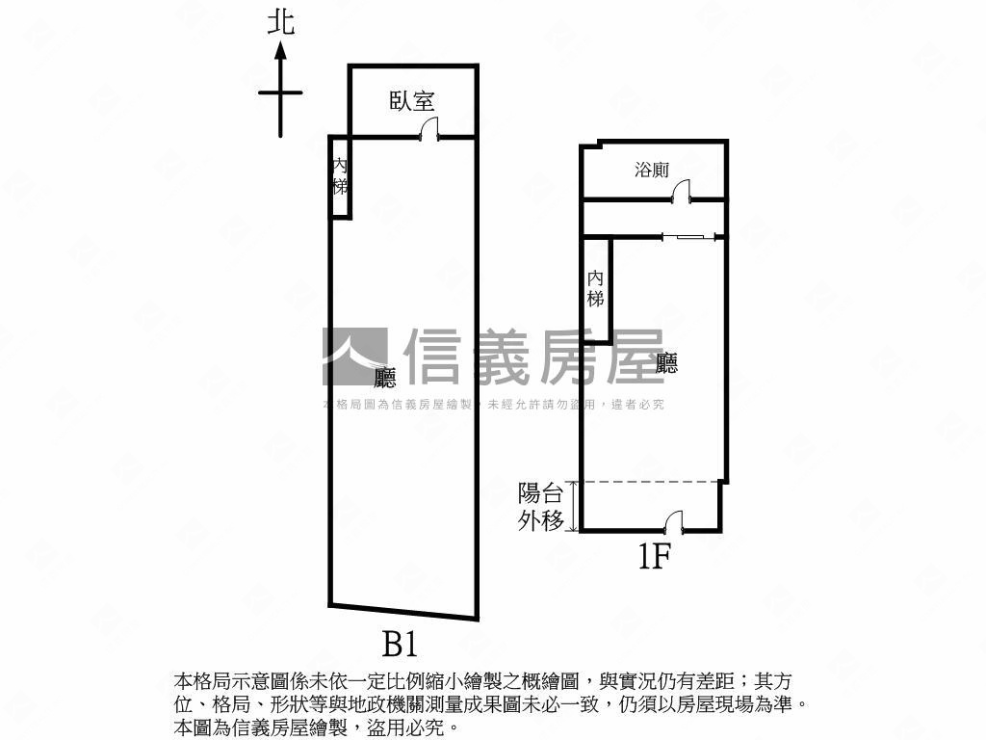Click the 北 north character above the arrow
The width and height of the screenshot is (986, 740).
[280, 23]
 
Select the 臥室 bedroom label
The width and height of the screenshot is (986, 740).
[412, 100]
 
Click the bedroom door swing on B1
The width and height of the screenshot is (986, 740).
[430, 128]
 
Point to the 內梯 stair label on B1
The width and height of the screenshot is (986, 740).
[339, 175]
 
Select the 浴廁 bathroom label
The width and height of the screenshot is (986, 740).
[652, 171]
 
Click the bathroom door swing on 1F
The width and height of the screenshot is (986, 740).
[682, 192]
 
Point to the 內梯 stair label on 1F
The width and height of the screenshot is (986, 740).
[596, 288]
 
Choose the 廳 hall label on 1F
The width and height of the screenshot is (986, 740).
[666, 363]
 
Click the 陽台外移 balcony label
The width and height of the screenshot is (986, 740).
[540, 507]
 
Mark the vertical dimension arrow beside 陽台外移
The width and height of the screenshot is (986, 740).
[575, 506]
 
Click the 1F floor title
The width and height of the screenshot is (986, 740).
[653, 556]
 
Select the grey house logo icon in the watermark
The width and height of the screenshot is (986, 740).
[353, 356]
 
